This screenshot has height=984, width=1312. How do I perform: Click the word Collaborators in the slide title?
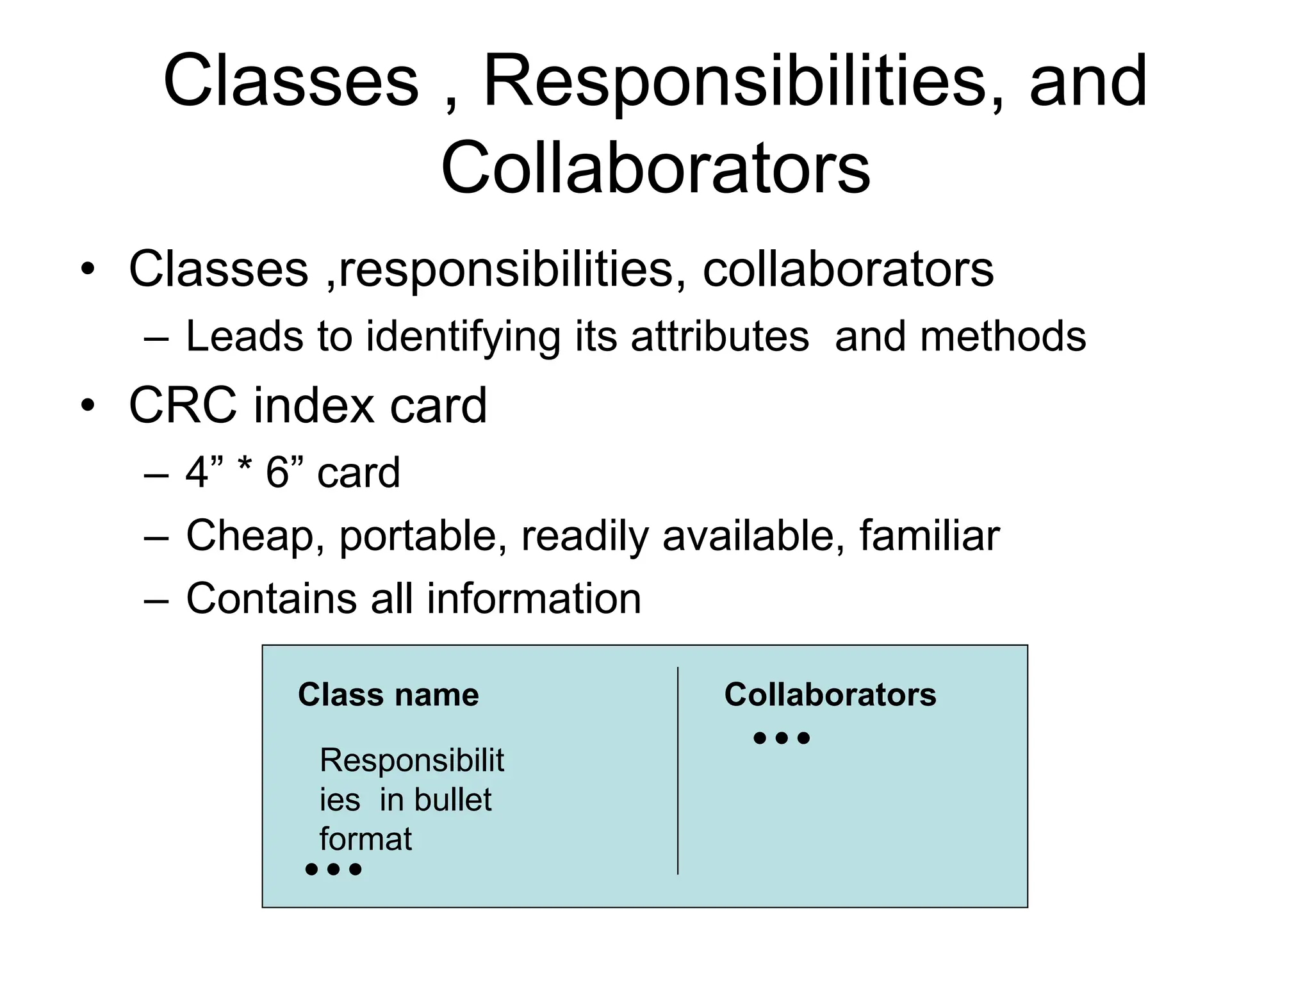point(655,168)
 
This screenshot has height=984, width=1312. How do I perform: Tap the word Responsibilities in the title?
point(734,82)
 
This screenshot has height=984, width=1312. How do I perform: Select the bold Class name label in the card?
point(388,694)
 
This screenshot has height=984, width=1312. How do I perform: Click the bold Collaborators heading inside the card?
point(830,694)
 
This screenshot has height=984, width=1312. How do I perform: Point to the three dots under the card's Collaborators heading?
point(782,739)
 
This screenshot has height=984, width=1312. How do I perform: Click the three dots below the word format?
point(333,869)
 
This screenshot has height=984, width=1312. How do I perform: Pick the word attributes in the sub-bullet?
point(719,336)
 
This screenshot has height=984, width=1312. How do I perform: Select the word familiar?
point(929,536)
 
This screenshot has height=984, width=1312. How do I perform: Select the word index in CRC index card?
point(313,406)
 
